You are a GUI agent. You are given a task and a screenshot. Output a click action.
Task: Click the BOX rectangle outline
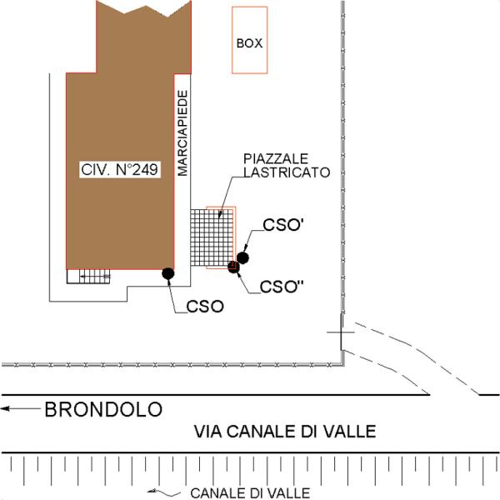coord(249,41)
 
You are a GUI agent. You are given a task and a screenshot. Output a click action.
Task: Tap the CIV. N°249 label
coord(120,169)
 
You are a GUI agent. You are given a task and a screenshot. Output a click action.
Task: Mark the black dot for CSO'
coord(243,257)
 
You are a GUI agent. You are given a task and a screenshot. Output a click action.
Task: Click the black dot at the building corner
coord(167,272)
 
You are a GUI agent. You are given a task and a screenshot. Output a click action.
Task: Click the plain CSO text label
coord(205,306)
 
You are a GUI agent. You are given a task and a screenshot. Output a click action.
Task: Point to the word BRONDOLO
coord(103,410)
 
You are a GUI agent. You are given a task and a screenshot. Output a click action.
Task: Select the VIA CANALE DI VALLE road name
coord(285,432)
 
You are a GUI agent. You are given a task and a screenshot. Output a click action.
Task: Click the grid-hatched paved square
coord(210,237)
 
